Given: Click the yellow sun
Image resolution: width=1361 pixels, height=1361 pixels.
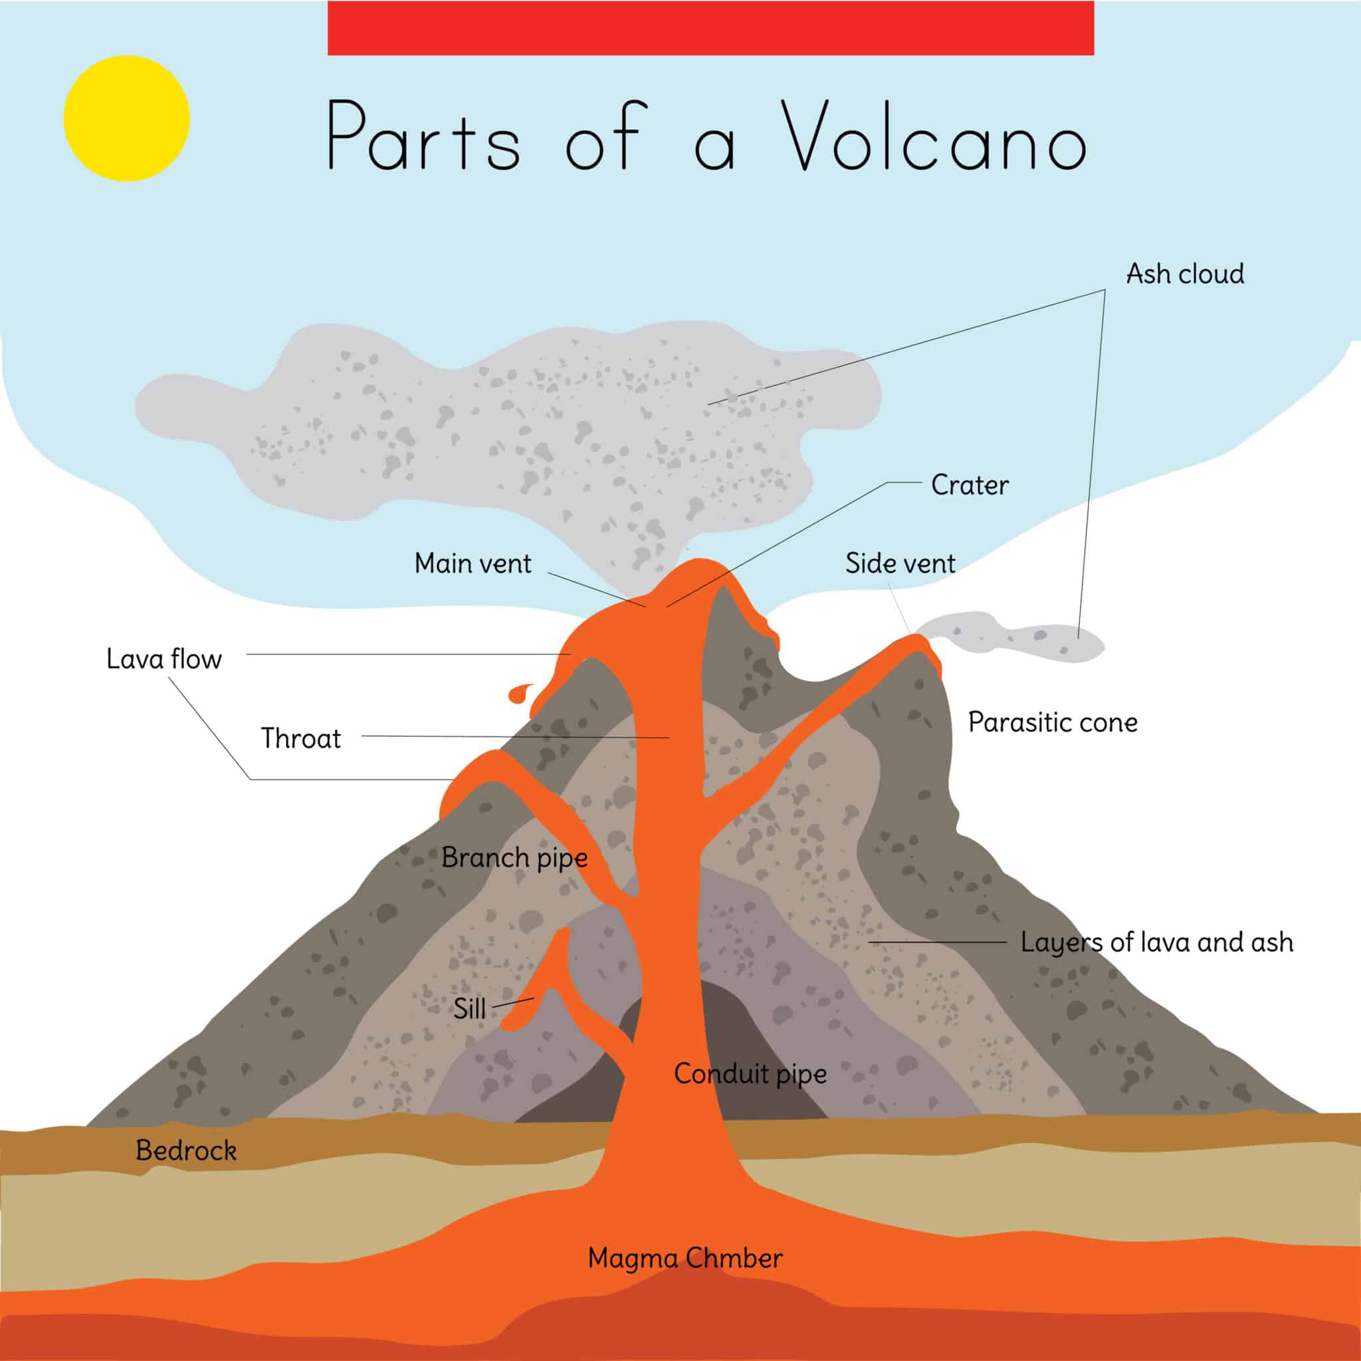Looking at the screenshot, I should coord(127,118).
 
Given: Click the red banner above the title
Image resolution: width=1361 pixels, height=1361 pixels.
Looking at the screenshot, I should coord(710,28).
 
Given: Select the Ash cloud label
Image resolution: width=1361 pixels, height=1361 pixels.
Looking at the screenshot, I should coord(1185,274).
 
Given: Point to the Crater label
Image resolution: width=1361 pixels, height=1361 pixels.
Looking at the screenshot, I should coord(970,484).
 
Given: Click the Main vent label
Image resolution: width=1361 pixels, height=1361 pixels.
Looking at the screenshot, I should coord(472,564).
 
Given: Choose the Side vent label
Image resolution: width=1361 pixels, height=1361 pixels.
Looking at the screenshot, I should coord(900,564).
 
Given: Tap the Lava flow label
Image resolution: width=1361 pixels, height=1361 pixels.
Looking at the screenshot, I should coord(164,659).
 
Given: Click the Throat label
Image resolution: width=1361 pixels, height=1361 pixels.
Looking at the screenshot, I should coord(301,738).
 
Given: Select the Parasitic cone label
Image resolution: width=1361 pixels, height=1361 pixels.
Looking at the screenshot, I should coord(1053,722).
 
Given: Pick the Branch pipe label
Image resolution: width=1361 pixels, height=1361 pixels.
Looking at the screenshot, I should coord(514,858).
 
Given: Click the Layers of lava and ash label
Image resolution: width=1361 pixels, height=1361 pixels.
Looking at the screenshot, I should coord(1157,942).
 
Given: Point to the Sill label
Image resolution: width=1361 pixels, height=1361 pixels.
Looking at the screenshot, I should coord(469,1009).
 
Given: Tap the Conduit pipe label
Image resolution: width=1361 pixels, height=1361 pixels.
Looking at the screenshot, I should coord(750,1074).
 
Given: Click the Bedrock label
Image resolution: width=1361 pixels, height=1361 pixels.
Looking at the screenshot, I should coord(186,1150).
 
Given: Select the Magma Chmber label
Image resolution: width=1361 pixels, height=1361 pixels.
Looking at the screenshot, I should coord(684,1258).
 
